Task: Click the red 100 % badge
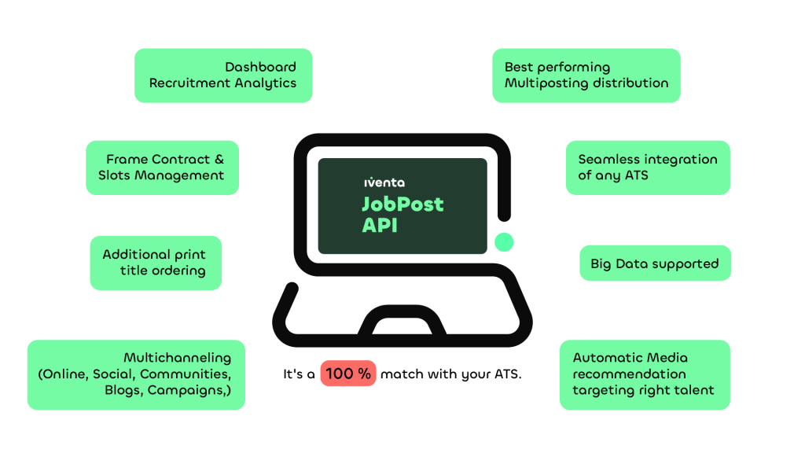pos(348,374)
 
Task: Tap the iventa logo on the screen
pos(384,182)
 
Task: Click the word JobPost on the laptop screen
pos(402,204)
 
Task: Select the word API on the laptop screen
pos(380,225)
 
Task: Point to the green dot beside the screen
pos(504,242)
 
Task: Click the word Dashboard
pos(260,67)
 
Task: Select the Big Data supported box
pos(655,263)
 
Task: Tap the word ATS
pos(636,175)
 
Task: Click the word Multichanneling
pos(177,358)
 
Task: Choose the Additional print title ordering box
pos(156,263)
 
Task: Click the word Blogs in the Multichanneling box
pos(124,391)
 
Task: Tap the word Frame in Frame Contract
pos(127,159)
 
